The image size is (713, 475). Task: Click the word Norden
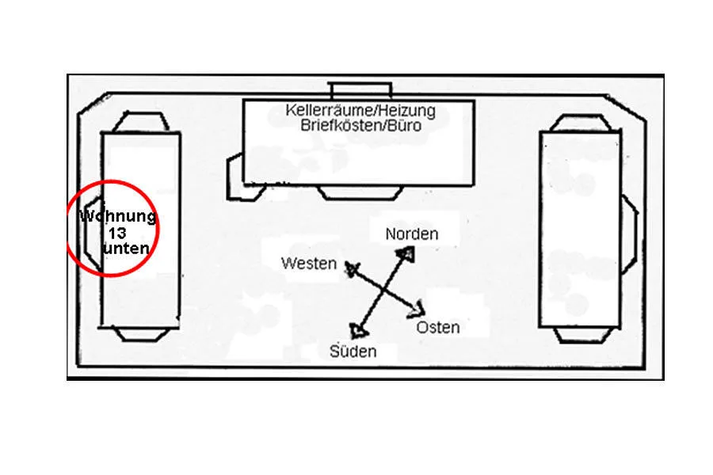click(411, 234)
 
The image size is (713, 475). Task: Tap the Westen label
click(309, 264)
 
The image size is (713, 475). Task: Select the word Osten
click(438, 328)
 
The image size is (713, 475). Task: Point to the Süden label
click(353, 351)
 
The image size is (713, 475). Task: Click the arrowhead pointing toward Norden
click(406, 253)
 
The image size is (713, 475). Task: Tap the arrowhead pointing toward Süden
click(359, 331)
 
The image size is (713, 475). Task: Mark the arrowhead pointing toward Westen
click(352, 268)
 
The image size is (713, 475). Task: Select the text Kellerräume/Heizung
click(360, 111)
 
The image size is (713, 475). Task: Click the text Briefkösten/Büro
click(360, 125)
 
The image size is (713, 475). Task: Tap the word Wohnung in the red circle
click(118, 216)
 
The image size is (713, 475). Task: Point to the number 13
click(117, 234)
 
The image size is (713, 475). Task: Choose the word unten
click(126, 248)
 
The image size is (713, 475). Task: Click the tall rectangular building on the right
click(580, 229)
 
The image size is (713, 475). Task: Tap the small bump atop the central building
click(360, 91)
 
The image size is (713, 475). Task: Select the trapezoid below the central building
click(360, 192)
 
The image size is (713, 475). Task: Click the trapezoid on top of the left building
click(141, 122)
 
